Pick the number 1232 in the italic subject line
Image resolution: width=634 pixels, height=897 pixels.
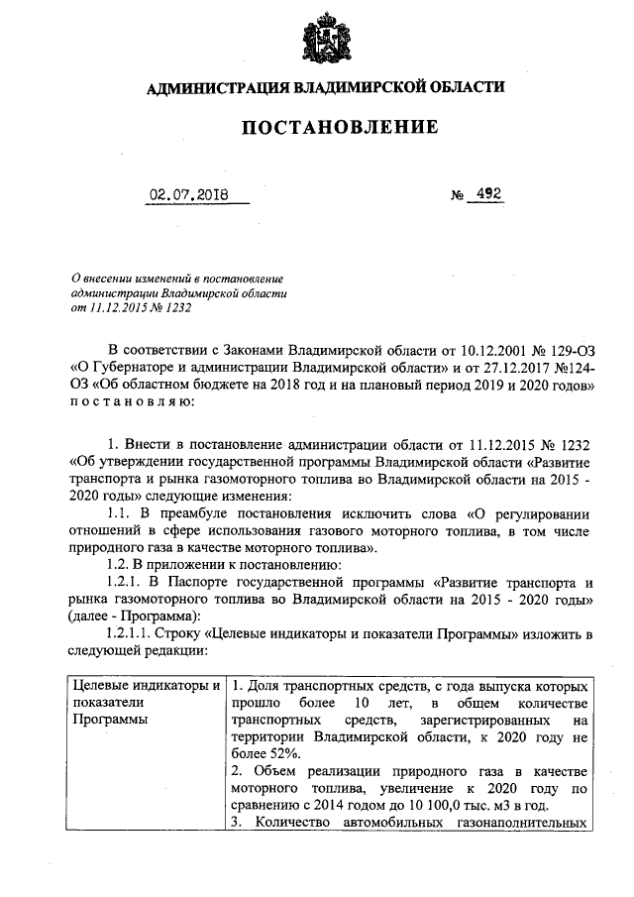coord(172,306)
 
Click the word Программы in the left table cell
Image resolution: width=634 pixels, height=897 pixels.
coord(109,720)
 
